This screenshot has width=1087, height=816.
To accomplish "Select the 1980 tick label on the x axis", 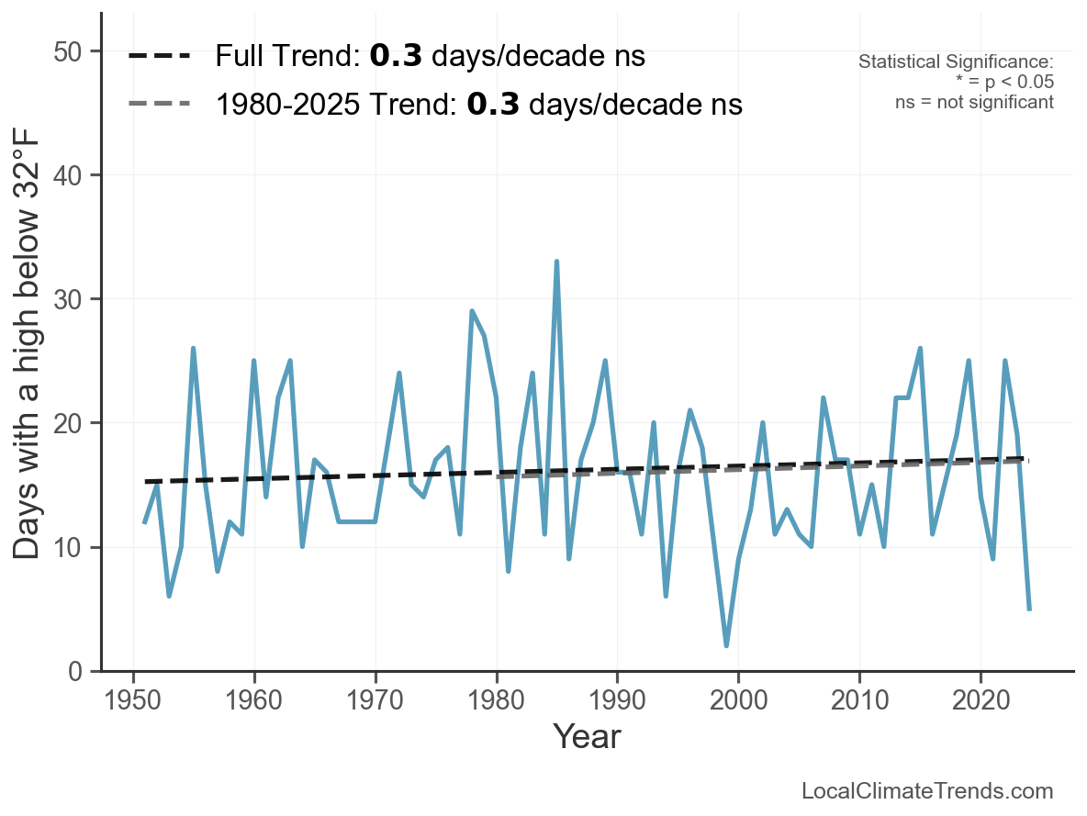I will click(496, 703).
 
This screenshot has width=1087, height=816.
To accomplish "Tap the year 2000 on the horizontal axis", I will click(738, 703).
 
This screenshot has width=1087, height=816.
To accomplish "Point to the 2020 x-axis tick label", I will click(981, 703).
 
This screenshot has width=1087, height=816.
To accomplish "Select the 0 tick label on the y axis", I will click(81, 672).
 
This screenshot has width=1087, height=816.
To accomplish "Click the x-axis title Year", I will click(587, 737).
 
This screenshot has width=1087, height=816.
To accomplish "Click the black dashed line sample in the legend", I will click(159, 57).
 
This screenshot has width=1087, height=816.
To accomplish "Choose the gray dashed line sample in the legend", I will click(159, 105).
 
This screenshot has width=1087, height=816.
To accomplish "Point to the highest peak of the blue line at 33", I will click(556, 262).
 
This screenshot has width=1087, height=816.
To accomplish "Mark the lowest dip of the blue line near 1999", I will click(726, 646).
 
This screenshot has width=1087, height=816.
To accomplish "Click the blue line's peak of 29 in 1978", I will click(472, 311).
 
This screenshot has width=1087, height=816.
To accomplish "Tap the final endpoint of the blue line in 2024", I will click(1029, 609).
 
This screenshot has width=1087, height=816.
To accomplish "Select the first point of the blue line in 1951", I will click(145, 522).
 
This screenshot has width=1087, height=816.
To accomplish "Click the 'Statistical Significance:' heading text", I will click(955, 62).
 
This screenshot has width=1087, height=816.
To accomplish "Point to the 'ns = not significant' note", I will click(974, 102).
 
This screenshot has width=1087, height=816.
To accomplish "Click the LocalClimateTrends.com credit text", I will click(927, 791).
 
